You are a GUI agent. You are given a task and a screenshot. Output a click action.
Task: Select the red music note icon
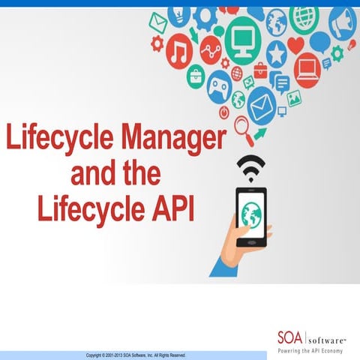pyautogui.click(x=181, y=52)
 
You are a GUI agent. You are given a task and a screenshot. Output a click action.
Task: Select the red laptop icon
pyautogui.click(x=305, y=70)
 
